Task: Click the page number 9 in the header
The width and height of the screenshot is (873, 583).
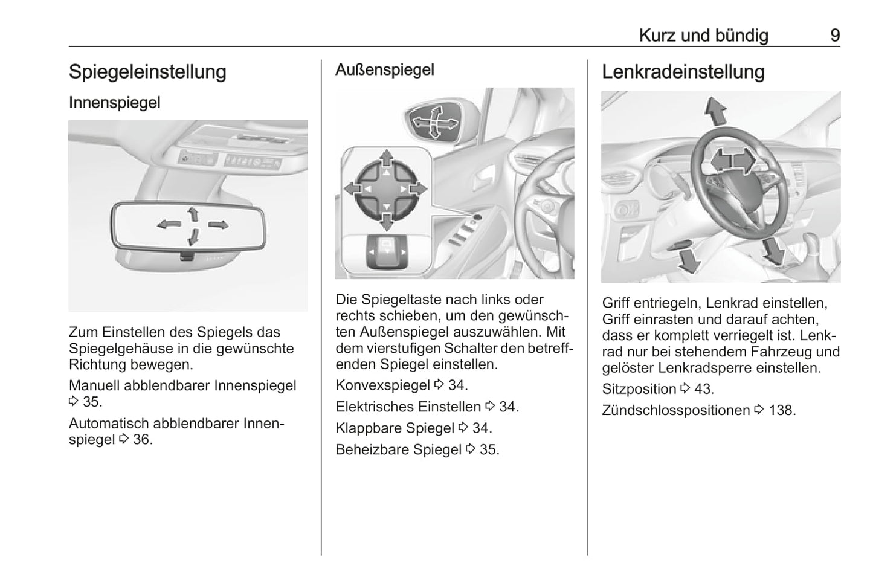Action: [834, 36]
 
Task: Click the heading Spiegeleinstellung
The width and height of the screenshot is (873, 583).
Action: [147, 72]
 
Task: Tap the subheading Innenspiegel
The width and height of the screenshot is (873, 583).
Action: [115, 103]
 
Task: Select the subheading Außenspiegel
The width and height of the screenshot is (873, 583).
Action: [385, 70]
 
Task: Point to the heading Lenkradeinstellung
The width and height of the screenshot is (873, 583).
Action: [683, 72]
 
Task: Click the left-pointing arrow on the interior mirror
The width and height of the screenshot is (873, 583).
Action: [169, 225]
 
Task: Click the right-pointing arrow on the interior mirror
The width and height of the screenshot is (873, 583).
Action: [218, 225]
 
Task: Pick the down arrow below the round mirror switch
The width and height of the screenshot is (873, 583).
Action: [386, 222]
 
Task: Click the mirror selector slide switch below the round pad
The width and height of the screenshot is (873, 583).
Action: [387, 252]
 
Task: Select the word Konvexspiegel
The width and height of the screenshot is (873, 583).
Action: [382, 385]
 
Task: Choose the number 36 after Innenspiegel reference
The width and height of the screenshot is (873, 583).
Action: [141, 440]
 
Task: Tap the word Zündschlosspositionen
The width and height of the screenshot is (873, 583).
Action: [676, 410]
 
